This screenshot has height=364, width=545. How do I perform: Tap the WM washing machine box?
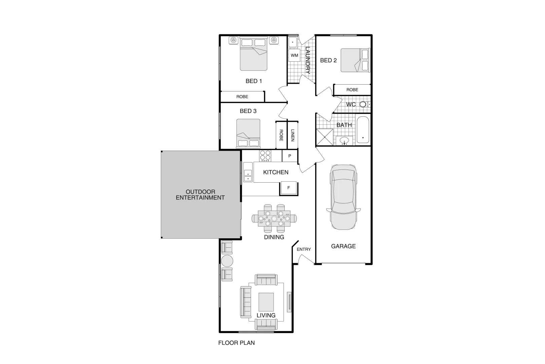coord(294,55)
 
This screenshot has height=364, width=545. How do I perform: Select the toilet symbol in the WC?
coord(363,104)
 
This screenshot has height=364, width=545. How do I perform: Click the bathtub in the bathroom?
coord(363,130)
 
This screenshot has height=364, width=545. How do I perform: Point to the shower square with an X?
coord(325,138)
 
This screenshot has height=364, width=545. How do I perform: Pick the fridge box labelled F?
coord(288,188)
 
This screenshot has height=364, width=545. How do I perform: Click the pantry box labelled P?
coord(289,156)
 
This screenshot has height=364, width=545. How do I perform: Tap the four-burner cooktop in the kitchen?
coord(265,156)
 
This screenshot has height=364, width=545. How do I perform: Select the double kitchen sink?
coord(248,172)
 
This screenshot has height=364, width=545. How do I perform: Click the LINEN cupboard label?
coord(293,135)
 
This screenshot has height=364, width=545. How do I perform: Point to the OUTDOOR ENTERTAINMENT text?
coord(200,195)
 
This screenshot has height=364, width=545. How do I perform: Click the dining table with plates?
coord(274,219)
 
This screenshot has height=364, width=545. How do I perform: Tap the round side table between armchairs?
coord(227,261)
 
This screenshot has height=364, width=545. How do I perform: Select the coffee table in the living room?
coord(266,302)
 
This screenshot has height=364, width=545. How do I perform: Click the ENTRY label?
coord(304,249)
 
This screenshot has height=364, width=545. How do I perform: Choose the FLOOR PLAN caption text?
coord(237,343)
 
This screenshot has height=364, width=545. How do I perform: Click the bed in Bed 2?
coord(355,60)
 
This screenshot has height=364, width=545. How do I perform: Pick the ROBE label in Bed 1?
coord(242,97)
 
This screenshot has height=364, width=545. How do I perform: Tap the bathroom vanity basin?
coord(344,141)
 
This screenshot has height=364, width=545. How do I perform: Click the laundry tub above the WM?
coord(292,42)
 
